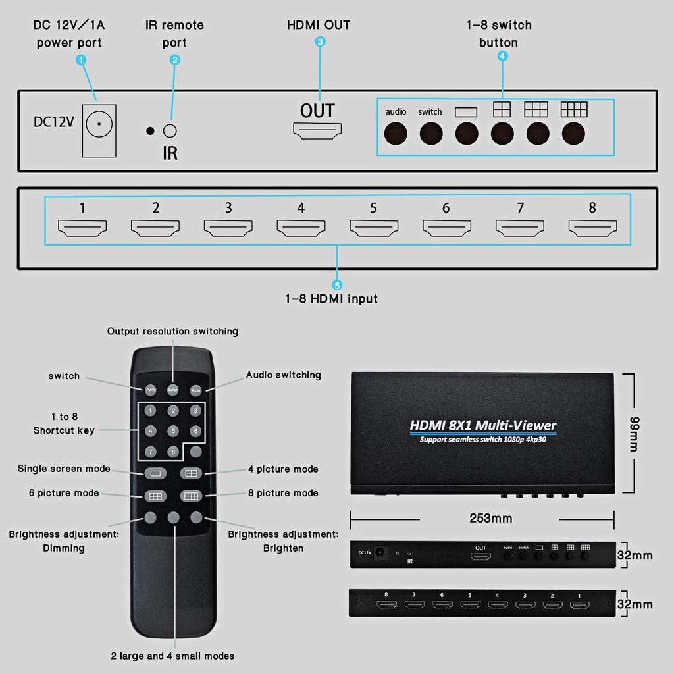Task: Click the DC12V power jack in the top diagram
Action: [99, 124]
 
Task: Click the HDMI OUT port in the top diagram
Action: [318, 131]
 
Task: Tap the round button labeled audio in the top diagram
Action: [396, 134]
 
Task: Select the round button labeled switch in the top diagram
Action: [430, 134]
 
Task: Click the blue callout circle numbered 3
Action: [320, 42]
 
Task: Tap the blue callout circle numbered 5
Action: [337, 285]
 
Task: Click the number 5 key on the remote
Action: [173, 431]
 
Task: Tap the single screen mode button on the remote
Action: [155, 473]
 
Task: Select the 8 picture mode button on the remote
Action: [192, 496]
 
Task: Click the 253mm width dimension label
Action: [490, 519]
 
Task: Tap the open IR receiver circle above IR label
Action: [170, 130]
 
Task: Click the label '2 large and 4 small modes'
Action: [172, 656]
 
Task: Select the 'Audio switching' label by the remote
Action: [284, 375]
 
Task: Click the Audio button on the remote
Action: [195, 390]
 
